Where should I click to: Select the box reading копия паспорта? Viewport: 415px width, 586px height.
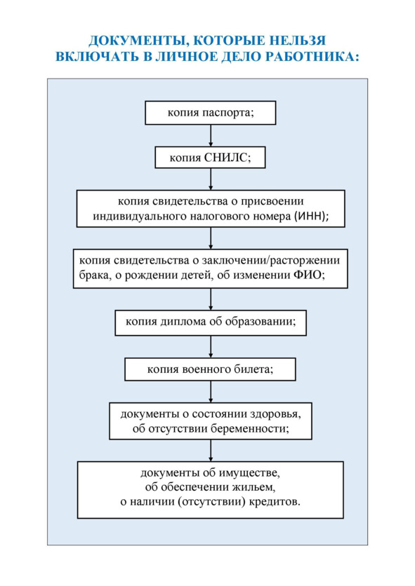(x=211, y=113)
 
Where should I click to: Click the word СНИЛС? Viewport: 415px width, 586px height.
(x=226, y=157)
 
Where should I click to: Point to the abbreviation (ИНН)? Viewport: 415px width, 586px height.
(x=311, y=216)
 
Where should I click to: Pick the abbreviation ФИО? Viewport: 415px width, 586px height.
(x=309, y=275)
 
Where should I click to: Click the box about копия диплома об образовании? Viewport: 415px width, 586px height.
(x=211, y=322)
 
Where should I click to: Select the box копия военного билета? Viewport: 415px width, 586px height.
(x=210, y=369)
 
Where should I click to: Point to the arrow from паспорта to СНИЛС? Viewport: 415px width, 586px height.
(x=211, y=136)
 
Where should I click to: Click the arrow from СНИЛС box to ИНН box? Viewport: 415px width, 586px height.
(x=211, y=179)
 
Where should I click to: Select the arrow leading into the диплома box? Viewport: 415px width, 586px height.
(x=211, y=299)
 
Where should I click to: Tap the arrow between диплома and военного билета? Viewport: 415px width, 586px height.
(x=211, y=347)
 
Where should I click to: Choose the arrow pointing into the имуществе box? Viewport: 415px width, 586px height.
(x=211, y=451)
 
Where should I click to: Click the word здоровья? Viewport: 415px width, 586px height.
(x=275, y=414)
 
